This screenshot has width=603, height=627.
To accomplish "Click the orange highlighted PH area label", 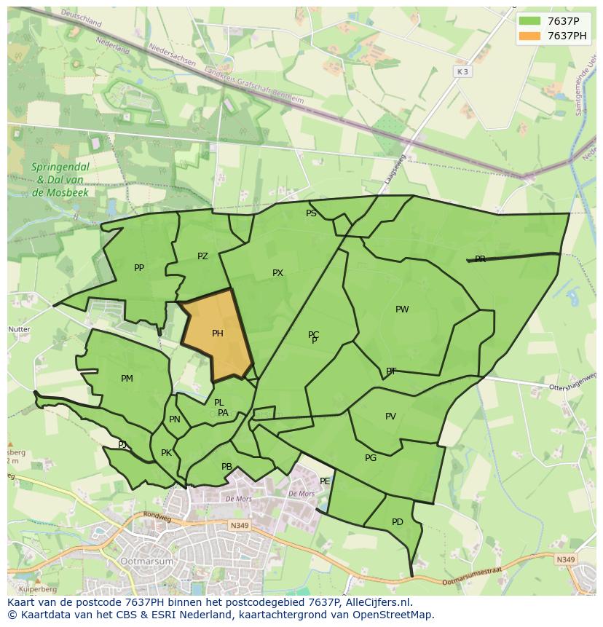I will (217, 334).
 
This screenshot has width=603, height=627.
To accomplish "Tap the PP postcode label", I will (139, 268).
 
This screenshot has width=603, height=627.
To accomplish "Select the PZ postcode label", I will (202, 256).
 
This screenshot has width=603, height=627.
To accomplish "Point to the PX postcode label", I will (277, 273).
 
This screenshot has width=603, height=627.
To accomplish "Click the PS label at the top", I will (311, 213).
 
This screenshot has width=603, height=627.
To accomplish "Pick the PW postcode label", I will (402, 309).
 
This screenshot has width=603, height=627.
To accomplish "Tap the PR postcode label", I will (480, 259).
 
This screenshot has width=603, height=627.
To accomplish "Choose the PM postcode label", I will (127, 379).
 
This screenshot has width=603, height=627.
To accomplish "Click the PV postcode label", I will (390, 417).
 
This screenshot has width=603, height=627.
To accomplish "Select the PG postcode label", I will (371, 458).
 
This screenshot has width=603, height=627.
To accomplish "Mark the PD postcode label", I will (397, 522).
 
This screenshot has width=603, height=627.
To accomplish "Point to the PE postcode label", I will (325, 481).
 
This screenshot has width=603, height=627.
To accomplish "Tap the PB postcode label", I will (226, 467).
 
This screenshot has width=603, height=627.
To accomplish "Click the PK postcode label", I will (166, 453).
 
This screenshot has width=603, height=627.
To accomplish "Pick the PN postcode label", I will (174, 419).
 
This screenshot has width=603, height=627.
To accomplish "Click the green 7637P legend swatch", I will (529, 21).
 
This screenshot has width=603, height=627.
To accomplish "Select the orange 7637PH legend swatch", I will (529, 36).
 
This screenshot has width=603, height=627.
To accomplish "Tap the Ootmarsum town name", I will (149, 561).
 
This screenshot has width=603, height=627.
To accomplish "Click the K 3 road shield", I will (462, 71).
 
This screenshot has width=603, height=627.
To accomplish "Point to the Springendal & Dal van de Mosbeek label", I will (60, 180).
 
